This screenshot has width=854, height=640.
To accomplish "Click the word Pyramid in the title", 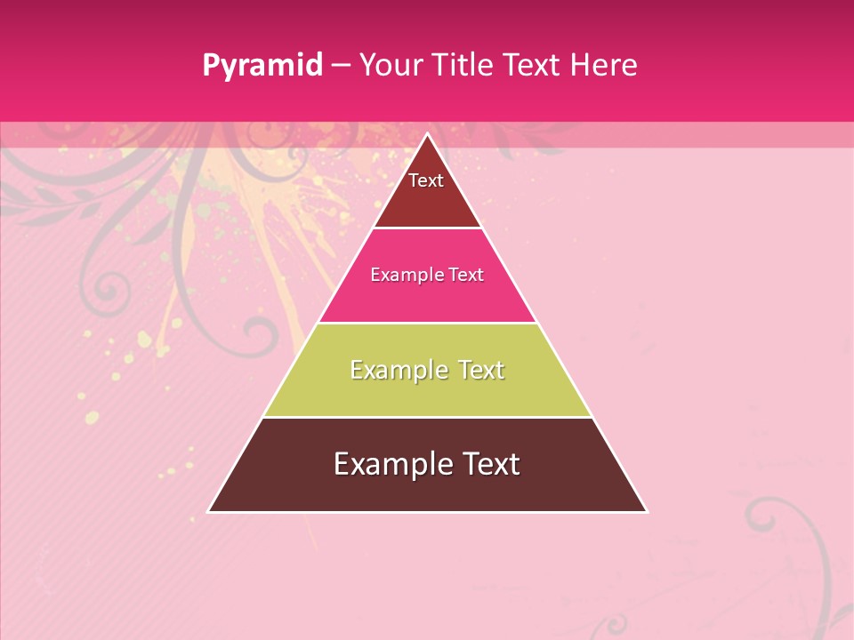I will [x=262, y=66].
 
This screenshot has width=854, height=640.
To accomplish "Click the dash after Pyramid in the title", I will [x=341, y=66].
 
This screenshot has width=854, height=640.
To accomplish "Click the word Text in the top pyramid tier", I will [x=426, y=180].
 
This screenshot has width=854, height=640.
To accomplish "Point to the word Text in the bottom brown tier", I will [x=488, y=464].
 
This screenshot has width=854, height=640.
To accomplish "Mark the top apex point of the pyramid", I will [x=427, y=134].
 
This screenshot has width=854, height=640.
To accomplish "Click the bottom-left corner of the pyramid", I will [x=209, y=511].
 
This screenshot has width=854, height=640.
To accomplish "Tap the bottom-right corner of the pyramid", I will [x=646, y=511].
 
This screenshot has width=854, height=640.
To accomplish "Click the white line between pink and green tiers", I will [x=427, y=323].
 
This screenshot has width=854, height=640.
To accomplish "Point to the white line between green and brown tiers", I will [x=427, y=417].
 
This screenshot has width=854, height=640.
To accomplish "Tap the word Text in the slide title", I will [x=531, y=65].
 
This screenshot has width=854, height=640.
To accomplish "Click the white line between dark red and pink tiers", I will [x=427, y=228].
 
